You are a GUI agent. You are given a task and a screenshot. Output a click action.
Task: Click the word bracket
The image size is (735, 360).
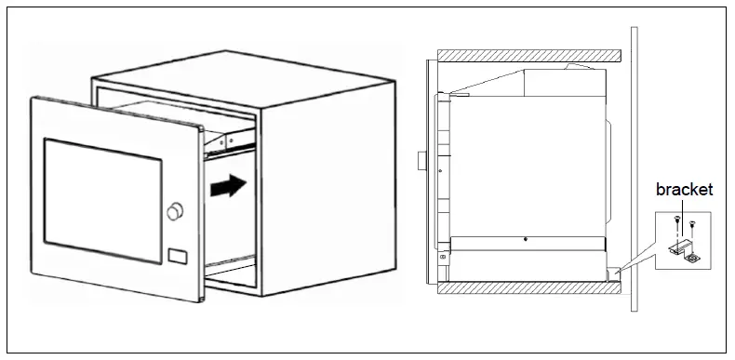point(684,190)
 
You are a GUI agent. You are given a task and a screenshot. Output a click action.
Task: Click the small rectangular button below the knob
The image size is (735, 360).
point(177,254)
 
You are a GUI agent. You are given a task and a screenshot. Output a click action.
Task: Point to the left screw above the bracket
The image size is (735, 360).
point(675,219)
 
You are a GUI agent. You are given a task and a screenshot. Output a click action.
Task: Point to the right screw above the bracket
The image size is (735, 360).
point(692,223)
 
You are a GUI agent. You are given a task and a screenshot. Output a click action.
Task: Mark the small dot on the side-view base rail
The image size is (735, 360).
point(526,238)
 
